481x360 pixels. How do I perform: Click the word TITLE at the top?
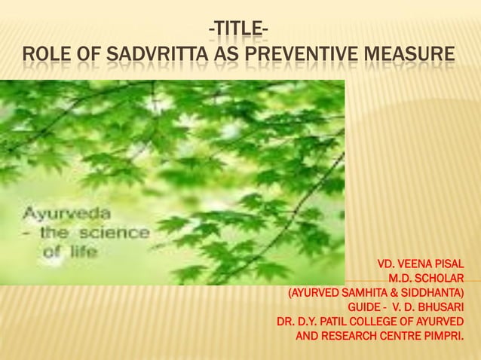pos(239,30)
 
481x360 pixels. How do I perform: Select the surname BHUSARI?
pos(441,307)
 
